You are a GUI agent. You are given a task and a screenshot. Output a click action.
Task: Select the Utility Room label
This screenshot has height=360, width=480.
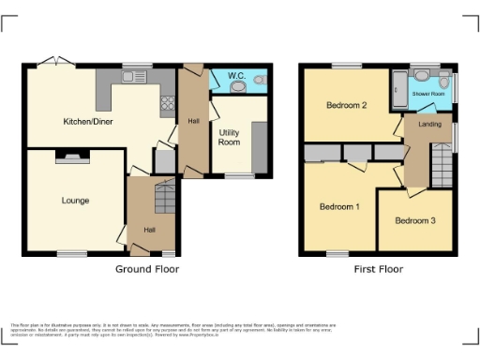point(230,137)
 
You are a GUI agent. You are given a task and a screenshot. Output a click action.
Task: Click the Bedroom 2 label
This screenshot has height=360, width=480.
point(346,105)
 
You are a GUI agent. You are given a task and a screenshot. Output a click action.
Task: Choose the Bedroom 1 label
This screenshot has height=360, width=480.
point(338,206)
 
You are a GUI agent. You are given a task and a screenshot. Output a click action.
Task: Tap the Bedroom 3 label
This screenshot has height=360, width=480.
point(414,221)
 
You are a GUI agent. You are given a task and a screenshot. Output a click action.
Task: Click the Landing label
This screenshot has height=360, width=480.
point(429,124)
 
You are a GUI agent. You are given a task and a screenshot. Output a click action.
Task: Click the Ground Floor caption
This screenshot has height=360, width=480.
point(147,269)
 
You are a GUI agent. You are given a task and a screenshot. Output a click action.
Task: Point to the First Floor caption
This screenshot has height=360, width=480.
point(379,269)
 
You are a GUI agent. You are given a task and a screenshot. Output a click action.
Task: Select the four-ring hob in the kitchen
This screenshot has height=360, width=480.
point(168,104)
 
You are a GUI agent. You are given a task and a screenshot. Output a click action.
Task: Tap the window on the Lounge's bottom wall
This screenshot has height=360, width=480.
point(69,253)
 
